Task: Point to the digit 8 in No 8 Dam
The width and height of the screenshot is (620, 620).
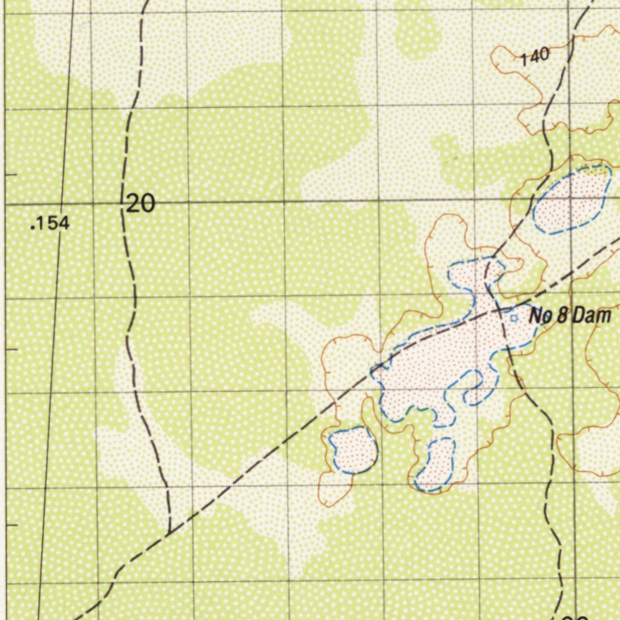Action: pos(561,315)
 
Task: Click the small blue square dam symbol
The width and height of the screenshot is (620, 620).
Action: pos(514,317)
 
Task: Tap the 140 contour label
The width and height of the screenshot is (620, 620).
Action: pos(535,57)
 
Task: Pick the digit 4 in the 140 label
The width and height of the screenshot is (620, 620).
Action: pos(535,57)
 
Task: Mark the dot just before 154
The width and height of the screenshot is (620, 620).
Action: pos(32,228)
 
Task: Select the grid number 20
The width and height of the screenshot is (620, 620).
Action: pos(141,204)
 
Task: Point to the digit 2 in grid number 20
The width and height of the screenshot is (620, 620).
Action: pos(134,204)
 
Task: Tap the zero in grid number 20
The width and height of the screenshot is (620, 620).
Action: pos(148,204)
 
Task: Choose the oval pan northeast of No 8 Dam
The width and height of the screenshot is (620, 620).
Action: pos(573,200)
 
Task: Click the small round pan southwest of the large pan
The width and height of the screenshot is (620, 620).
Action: pos(354,450)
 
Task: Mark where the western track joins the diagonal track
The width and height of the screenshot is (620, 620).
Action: pos(170,532)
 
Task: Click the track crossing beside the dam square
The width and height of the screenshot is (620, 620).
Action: pos(498,310)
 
